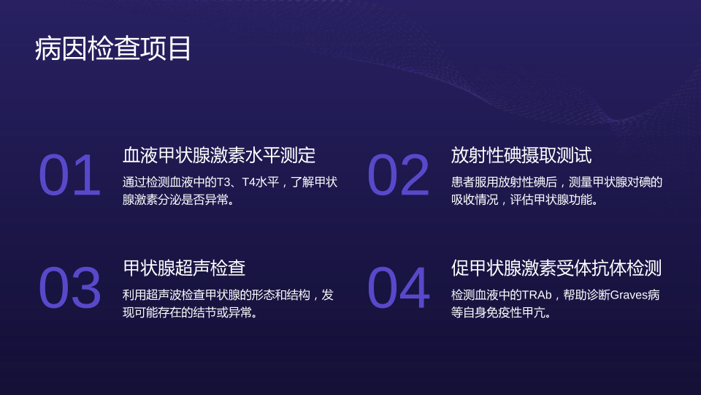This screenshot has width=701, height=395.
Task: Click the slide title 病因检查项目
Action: pyautogui.click(x=113, y=48)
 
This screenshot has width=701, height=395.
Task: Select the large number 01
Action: pyautogui.click(x=70, y=175)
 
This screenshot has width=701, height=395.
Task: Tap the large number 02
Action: pyautogui.click(x=399, y=175)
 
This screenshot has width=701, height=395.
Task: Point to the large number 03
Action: pyautogui.click(x=70, y=287)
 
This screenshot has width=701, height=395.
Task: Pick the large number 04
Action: pyautogui.click(x=399, y=287)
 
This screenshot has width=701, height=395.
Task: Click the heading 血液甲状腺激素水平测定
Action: pyautogui.click(x=219, y=155)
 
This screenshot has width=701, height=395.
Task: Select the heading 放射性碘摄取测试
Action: pyautogui.click(x=521, y=155)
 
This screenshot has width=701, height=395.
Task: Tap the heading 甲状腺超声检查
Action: pyautogui.click(x=184, y=268)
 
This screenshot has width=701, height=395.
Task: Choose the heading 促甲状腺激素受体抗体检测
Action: pyautogui.click(x=556, y=268)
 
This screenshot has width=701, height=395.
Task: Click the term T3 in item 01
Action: pyautogui.click(x=223, y=182)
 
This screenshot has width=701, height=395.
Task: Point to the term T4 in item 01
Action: pyautogui.click(x=248, y=182)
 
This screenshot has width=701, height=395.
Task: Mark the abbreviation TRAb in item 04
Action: pyautogui.click(x=537, y=295)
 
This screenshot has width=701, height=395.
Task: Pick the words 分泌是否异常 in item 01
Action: pyautogui.click(x=193, y=200)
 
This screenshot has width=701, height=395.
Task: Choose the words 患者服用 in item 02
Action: pyautogui.click(x=475, y=182)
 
